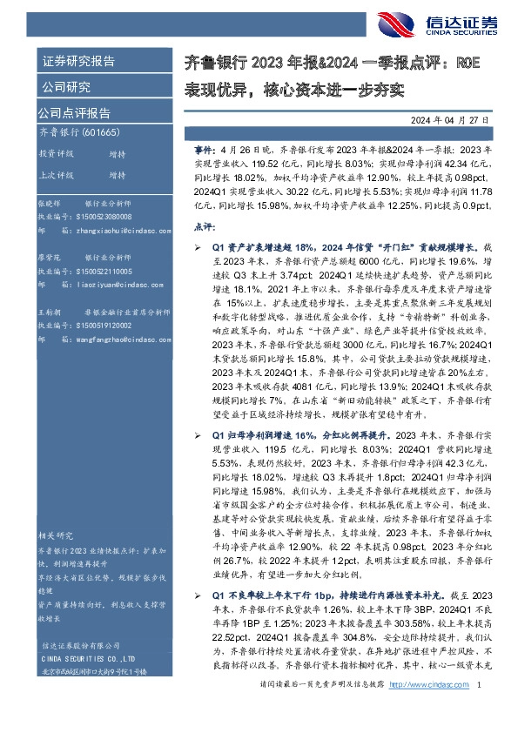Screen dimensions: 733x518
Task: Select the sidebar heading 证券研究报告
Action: (x=78, y=62)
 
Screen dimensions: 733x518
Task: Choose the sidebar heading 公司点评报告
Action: (x=74, y=112)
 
